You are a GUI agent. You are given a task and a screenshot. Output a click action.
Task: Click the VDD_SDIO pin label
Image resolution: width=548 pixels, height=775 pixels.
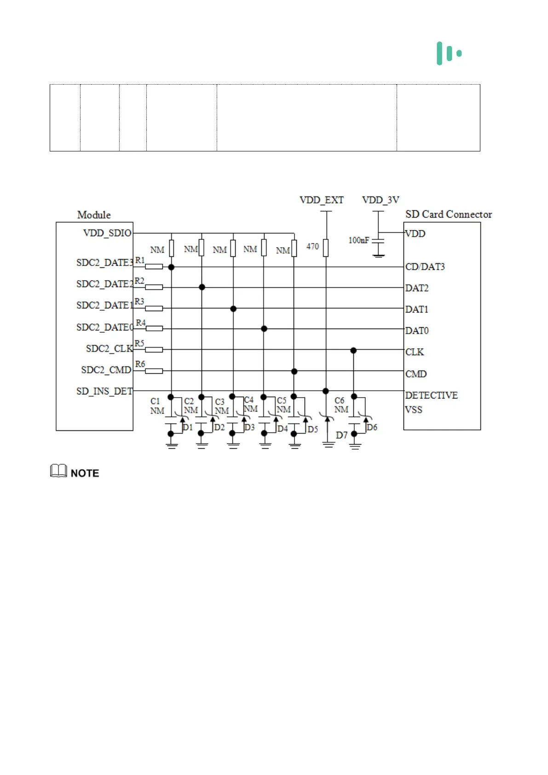tap(107, 233)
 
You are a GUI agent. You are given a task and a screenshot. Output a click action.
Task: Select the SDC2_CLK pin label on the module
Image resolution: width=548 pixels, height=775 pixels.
tap(109, 349)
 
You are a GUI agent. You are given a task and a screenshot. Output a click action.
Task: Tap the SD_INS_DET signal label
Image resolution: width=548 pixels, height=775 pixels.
tap(104, 391)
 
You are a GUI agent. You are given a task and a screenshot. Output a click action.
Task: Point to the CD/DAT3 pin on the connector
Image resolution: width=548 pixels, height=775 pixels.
tap(425, 267)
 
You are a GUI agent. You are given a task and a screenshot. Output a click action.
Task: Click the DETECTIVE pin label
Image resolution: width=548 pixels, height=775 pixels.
tap(431, 395)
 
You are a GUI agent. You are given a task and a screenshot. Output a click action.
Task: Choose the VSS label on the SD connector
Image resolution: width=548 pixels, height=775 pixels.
tap(414, 410)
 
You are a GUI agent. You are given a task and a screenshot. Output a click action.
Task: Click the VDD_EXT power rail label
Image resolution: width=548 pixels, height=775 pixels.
tap(321, 200)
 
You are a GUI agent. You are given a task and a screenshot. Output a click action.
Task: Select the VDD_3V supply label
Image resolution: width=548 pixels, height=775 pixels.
tap(381, 200)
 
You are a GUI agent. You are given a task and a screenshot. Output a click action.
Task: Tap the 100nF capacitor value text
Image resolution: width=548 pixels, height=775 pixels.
tap(358, 240)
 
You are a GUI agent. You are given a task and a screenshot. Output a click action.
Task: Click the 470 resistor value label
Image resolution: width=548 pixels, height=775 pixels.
tap(312, 247)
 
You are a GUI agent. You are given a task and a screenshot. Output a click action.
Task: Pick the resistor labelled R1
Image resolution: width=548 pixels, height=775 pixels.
tap(154, 266)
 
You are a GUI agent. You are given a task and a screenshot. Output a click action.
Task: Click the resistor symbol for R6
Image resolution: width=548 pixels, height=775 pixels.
tap(154, 371)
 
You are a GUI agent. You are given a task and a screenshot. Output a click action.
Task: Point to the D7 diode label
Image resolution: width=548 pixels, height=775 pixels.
tap(341, 435)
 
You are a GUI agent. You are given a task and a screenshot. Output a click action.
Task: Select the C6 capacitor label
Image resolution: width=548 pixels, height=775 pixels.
tap(340, 401)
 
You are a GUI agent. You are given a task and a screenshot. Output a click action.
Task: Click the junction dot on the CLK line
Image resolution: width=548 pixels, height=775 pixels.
tap(353, 351)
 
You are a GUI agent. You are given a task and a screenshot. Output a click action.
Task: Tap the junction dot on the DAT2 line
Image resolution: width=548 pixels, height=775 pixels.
tap(202, 287)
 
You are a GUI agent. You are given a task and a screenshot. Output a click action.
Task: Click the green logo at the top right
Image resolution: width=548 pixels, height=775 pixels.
tap(449, 53)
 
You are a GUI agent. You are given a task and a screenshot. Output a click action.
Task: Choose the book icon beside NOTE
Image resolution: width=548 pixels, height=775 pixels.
tap(58, 471)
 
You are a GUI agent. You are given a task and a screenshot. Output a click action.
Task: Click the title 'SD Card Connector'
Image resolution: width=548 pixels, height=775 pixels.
tap(448, 214)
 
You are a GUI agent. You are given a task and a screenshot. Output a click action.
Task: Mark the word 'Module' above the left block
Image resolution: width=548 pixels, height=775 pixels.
tap(94, 215)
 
